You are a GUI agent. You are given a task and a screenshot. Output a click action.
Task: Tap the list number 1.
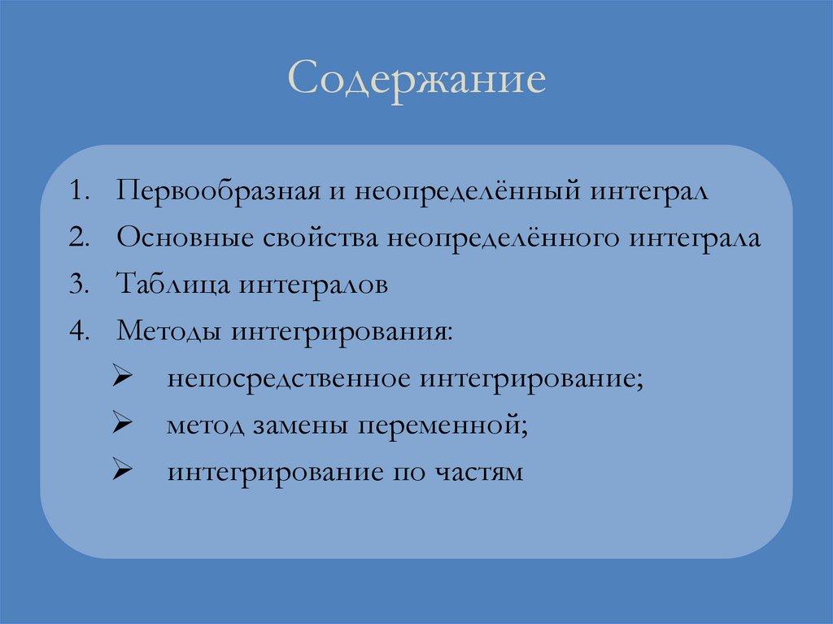79,194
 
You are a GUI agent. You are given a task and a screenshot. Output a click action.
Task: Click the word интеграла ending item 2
696,240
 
